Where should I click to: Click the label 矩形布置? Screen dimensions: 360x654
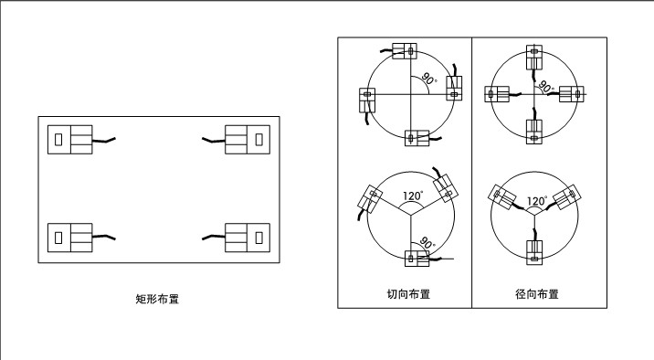[156, 298]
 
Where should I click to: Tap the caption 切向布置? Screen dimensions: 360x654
[408, 294]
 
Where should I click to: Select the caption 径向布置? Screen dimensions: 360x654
[536, 294]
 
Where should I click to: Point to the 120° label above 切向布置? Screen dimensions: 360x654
[412, 196]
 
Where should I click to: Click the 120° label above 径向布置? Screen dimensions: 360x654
[536, 201]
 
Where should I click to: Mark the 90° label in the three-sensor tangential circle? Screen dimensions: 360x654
[426, 244]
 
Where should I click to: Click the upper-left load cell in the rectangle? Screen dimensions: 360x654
[70, 139]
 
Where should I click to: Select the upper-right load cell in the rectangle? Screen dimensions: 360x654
[248, 139]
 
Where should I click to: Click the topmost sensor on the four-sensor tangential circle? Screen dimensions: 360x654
[405, 50]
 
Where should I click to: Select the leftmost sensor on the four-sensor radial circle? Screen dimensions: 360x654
[499, 94]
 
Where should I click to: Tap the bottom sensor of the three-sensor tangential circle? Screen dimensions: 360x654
[416, 259]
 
